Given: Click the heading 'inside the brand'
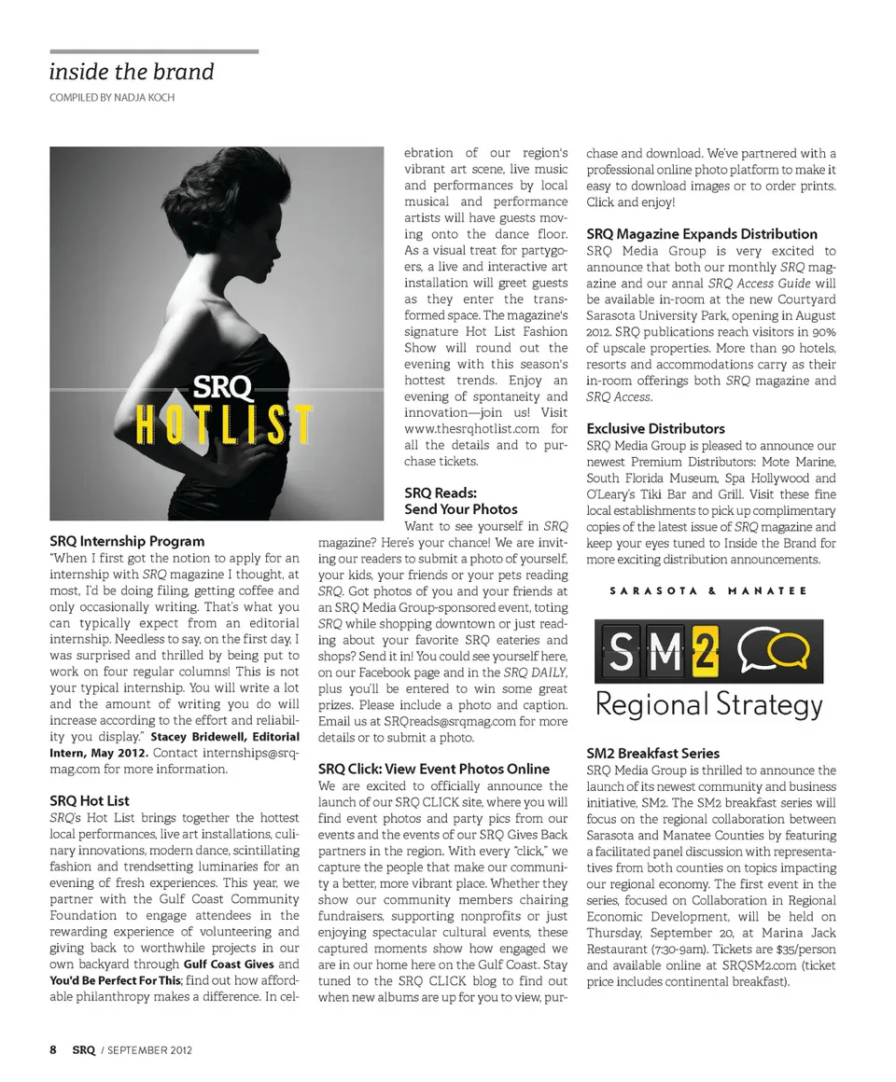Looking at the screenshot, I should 132,72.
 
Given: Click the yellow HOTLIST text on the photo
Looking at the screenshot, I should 223,425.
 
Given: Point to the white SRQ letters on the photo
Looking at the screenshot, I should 220,384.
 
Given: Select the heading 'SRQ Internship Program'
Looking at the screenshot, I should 127,541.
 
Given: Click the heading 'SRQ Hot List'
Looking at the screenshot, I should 90,800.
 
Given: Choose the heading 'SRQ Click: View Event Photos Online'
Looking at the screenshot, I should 434,769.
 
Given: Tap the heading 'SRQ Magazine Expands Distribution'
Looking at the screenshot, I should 702,234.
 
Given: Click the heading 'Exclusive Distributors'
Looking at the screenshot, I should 655,429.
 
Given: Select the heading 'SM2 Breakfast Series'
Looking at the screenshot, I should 653,753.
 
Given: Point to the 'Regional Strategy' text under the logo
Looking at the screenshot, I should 708,705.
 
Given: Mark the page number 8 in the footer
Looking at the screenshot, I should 53,1049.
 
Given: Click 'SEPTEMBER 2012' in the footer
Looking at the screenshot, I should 150,1050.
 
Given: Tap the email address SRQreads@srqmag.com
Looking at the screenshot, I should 436,721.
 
